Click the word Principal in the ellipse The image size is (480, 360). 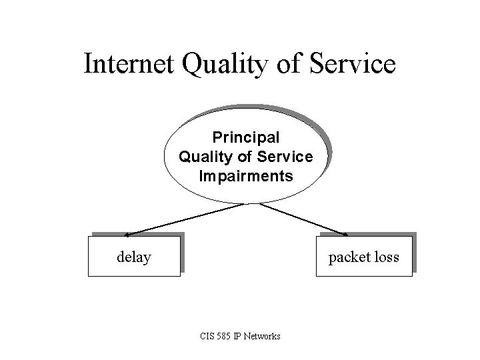click(246, 137)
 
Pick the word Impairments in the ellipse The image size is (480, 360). click(246, 177)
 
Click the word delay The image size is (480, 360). click(133, 257)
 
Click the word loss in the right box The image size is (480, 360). click(386, 257)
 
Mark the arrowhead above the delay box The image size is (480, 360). click(127, 234)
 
